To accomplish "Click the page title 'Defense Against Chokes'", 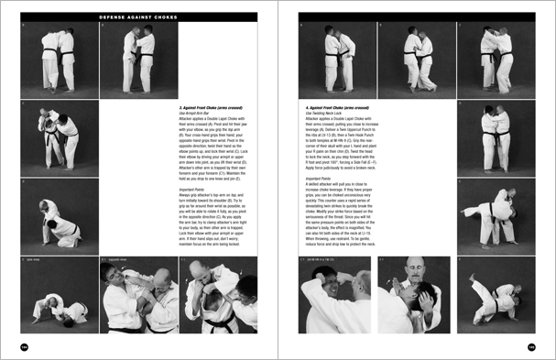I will click(x=137, y=16).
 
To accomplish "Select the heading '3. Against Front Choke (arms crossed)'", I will click(x=214, y=108).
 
